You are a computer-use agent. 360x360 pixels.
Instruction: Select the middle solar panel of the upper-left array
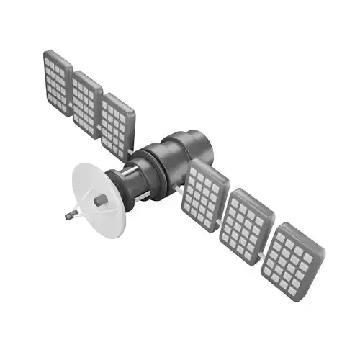click(x=86, y=102)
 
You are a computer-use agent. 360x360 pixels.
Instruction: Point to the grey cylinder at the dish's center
click(x=102, y=199)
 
